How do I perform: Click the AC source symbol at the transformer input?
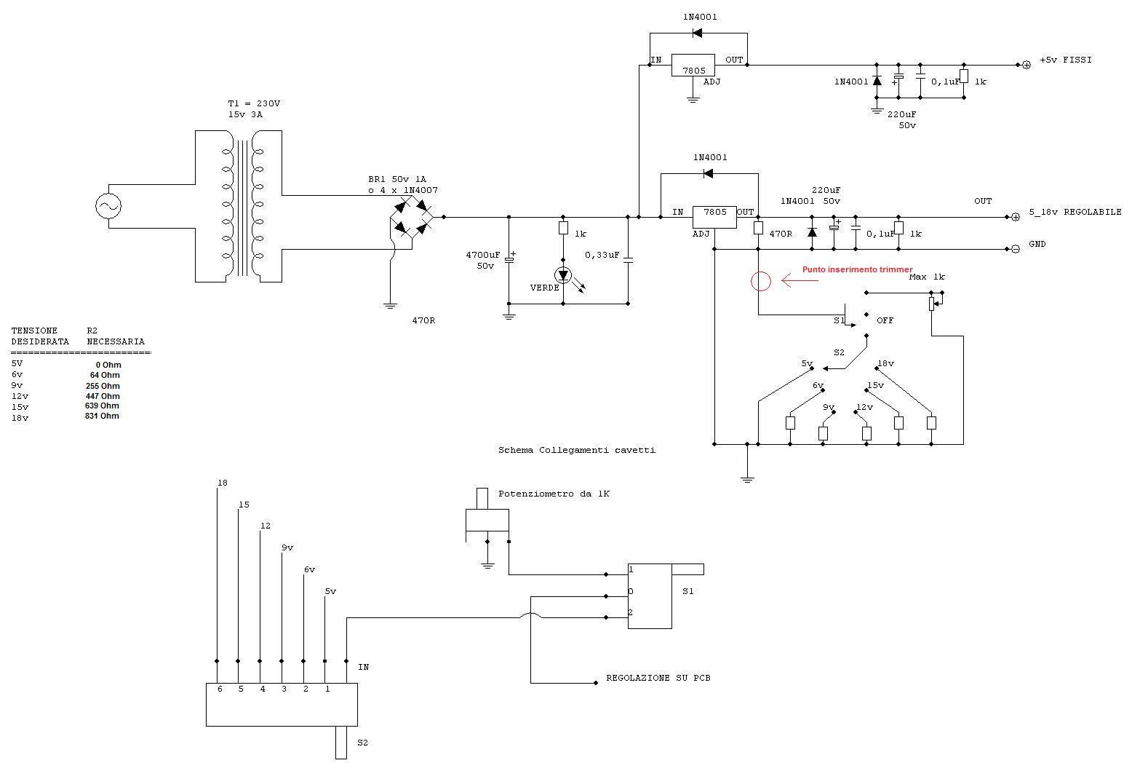108,206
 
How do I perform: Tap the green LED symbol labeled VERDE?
563,275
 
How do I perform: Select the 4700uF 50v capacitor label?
483,261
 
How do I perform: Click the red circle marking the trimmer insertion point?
760,281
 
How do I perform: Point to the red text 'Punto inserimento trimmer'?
858,269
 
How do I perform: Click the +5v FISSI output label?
1065,60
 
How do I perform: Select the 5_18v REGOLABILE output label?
1075,212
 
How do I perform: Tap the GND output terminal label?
1037,244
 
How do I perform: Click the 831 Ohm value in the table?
102,416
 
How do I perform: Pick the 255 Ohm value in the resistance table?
103,386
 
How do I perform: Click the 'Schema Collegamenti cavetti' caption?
577,450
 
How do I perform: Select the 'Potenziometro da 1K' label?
554,494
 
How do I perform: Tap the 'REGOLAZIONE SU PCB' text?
658,678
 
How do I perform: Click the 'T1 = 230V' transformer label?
254,103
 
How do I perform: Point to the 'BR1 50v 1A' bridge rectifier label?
397,179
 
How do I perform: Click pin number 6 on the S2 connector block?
220,689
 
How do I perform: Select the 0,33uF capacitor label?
602,256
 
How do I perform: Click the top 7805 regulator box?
693,66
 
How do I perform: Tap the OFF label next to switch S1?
885,320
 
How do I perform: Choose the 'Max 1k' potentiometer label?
927,277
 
